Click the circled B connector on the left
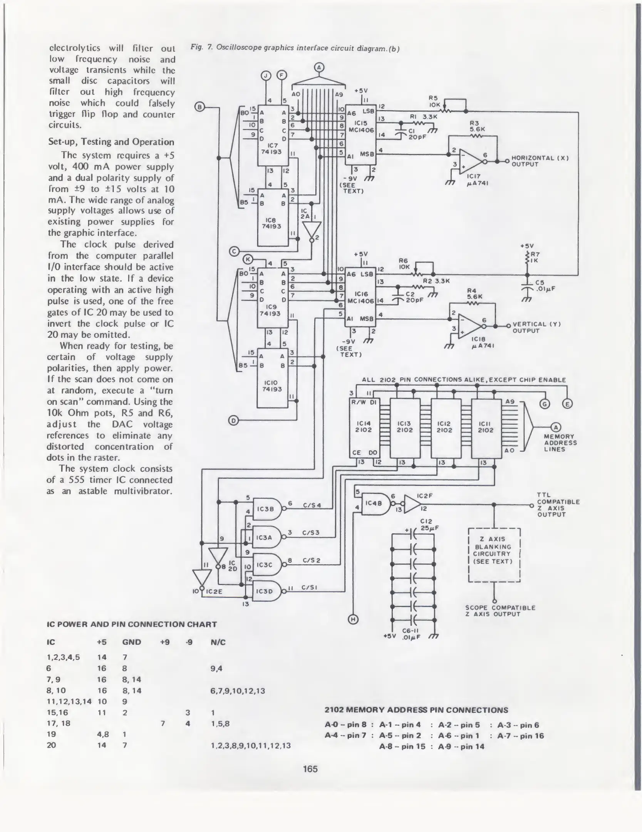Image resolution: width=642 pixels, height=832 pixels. click(x=199, y=107)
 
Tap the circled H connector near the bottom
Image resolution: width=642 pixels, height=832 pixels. click(x=353, y=619)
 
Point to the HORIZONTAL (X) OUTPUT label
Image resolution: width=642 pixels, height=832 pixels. click(x=540, y=161)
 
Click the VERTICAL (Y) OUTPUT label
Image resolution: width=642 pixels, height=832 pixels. click(x=536, y=327)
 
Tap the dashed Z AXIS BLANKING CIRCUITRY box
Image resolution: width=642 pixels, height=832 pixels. click(x=494, y=555)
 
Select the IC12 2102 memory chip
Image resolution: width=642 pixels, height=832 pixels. click(x=445, y=428)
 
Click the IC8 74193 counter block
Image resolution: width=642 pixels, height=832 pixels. click(x=272, y=217)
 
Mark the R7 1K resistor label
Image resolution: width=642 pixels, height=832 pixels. click(x=535, y=257)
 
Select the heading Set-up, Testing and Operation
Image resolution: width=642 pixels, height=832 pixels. click(x=111, y=142)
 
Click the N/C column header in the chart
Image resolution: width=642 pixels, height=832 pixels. click(x=218, y=642)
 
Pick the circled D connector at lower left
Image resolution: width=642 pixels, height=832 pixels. click(x=233, y=421)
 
